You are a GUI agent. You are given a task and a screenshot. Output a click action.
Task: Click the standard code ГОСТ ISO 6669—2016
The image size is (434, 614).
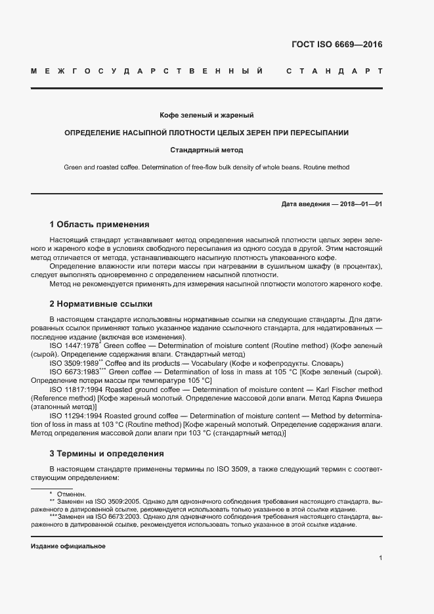point(337,45)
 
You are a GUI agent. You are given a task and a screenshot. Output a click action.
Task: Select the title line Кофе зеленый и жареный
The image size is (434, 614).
point(206,116)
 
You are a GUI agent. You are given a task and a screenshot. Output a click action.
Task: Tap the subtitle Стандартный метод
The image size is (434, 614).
point(206,150)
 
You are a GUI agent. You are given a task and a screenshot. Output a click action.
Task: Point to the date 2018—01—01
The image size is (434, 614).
point(361,204)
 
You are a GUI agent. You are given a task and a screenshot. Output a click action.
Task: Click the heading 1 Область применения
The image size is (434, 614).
point(99,224)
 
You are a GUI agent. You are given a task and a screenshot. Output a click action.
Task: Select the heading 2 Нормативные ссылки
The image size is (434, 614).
point(101,304)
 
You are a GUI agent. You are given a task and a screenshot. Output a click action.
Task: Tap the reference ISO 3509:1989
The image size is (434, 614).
point(74,363)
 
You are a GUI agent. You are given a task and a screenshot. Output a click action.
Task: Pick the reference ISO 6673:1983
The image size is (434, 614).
point(74,372)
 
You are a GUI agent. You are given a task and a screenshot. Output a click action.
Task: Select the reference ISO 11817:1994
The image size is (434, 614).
point(76,390)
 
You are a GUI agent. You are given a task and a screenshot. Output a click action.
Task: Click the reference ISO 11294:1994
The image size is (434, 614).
point(76,416)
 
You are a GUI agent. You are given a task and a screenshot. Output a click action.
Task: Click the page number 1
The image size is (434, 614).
point(380,558)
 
